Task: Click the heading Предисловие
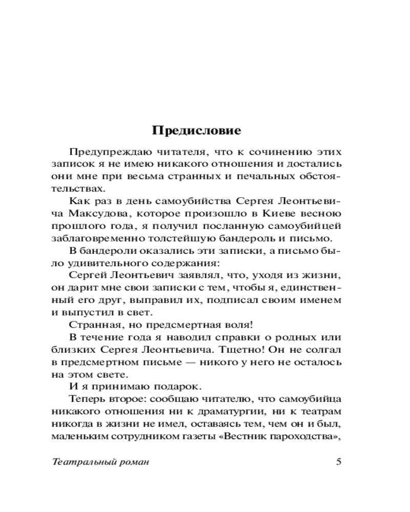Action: click(197, 131)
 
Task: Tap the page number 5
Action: click(338, 461)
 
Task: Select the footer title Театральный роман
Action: click(100, 461)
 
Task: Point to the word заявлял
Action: click(197, 277)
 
